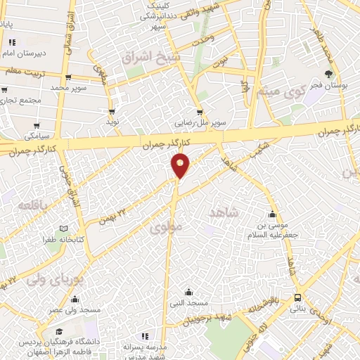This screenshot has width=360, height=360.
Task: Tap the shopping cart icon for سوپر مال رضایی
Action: [200, 111]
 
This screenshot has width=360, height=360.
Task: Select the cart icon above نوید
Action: [111, 111]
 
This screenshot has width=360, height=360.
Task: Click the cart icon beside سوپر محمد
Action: [67, 78]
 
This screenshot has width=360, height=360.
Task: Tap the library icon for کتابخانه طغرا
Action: [64, 229]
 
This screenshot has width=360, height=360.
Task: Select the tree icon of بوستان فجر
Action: [328, 73]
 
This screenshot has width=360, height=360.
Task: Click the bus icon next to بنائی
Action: [298, 297]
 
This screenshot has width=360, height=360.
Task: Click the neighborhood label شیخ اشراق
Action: [150, 56]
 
